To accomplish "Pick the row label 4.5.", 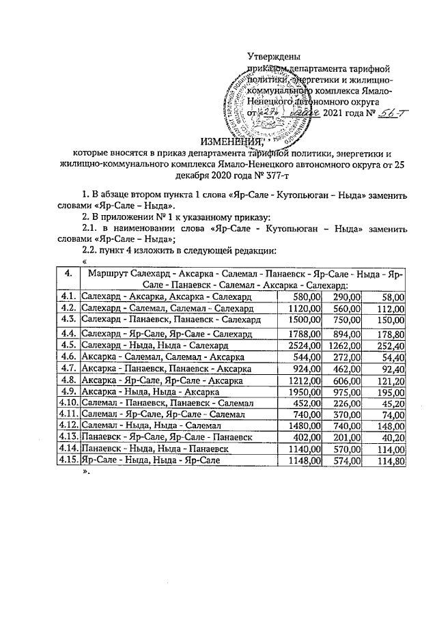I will tap(68, 346).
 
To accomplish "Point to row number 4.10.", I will tap(68, 405).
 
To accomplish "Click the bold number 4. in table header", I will tap(68, 273).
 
